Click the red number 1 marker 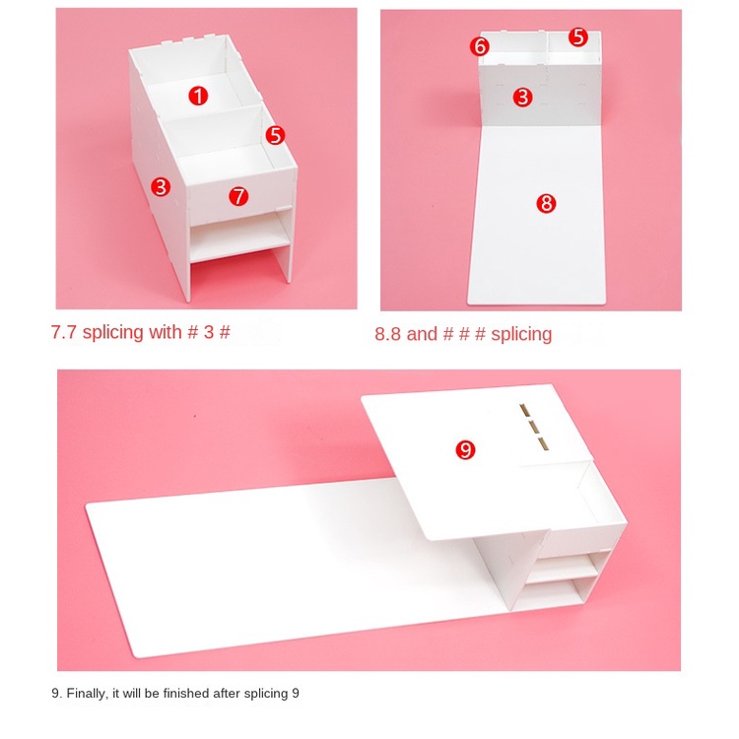coord(198,96)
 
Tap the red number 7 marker coord(238,196)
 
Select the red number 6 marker coord(479,46)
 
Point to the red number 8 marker coord(546,203)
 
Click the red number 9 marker coord(465,449)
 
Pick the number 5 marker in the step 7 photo coord(275,135)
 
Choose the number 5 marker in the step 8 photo coord(577,36)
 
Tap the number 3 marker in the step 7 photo coord(161,186)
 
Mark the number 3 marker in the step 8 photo coord(522,98)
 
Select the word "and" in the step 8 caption coord(422,334)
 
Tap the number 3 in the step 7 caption coord(209,332)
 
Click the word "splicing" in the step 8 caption coord(521,335)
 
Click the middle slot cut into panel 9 coord(534,428)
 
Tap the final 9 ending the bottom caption coord(296,694)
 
